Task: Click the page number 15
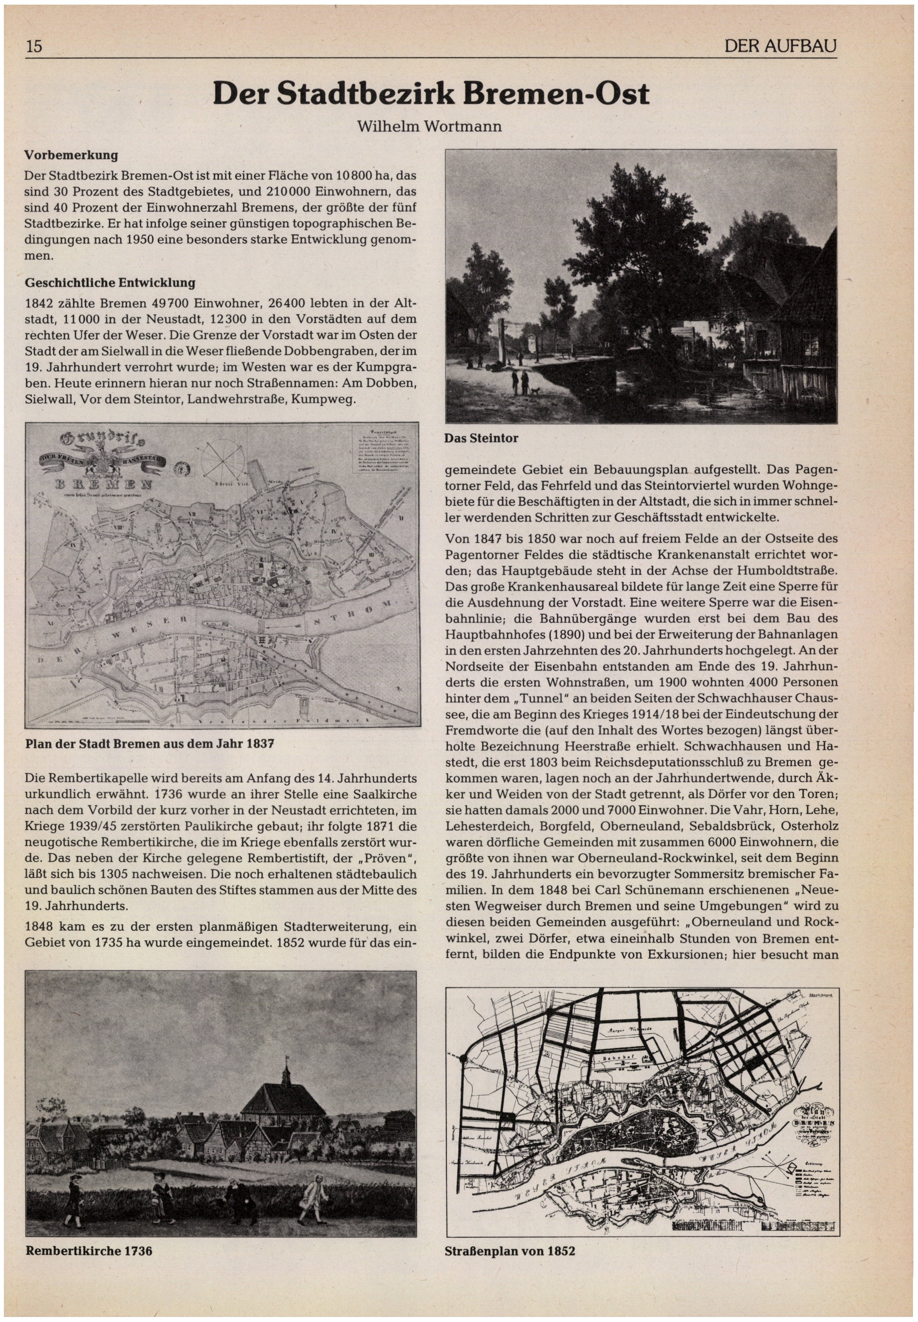coord(34,46)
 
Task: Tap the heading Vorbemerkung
coord(71,155)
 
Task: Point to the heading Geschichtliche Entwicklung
coord(110,283)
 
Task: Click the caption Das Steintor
coord(481,438)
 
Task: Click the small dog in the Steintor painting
coord(536,392)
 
